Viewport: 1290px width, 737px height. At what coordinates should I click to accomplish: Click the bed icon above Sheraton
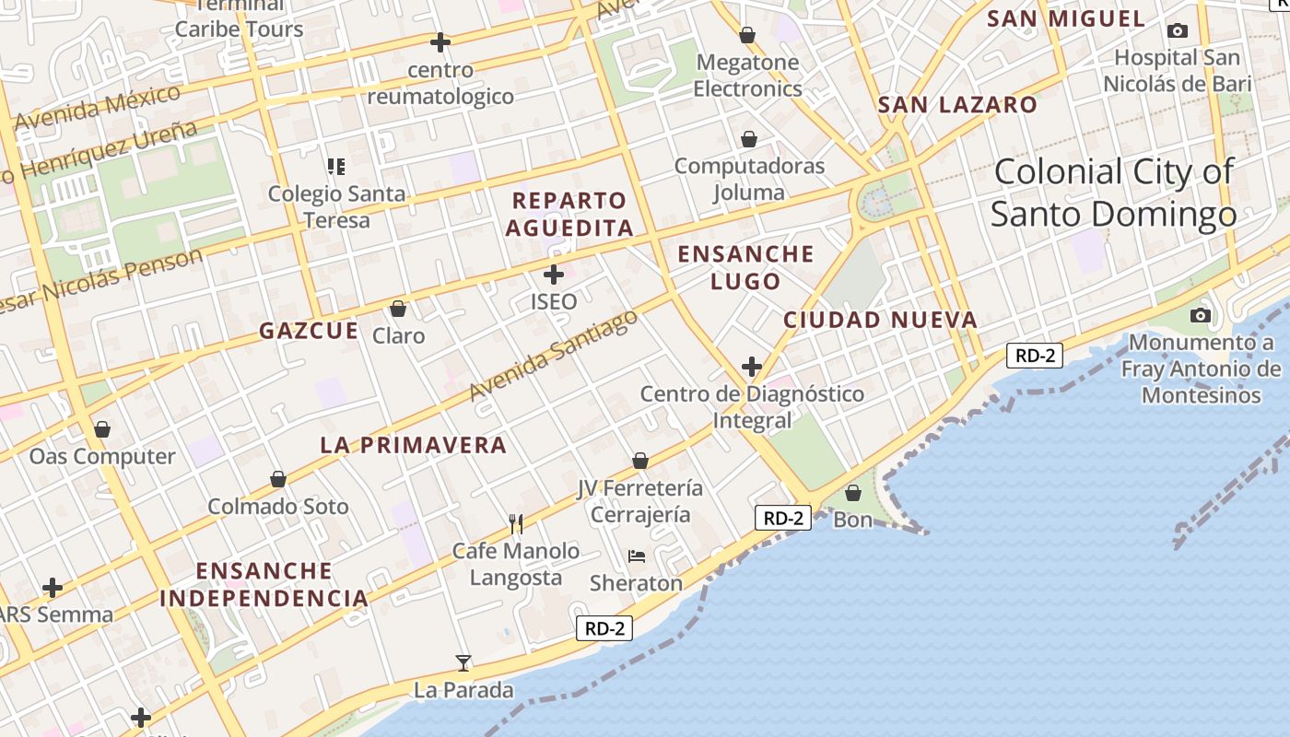[x=637, y=556]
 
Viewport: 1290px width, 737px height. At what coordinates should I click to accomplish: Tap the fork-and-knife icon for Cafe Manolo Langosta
[x=516, y=523]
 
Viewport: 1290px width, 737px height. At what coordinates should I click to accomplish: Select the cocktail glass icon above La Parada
[x=463, y=662]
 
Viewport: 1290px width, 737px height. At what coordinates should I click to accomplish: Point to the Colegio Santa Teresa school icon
[x=336, y=167]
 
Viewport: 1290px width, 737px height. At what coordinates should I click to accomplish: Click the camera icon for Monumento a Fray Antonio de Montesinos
[x=1200, y=315]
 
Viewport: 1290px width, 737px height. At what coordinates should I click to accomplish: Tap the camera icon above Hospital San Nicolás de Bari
[x=1177, y=30]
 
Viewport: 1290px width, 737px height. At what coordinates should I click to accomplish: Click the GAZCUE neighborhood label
[x=309, y=331]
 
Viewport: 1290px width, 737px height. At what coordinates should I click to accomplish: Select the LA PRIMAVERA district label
[x=414, y=445]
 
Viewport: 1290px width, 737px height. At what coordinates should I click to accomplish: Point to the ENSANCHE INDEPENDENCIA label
[x=264, y=584]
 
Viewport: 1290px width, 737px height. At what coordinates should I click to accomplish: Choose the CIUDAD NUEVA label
[x=880, y=320]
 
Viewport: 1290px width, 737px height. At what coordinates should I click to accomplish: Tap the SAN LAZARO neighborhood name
[x=957, y=104]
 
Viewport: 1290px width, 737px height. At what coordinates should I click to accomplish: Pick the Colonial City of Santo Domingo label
[x=1113, y=193]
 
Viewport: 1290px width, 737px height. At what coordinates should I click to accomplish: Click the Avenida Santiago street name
[x=553, y=355]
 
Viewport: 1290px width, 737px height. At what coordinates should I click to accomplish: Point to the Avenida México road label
[x=98, y=109]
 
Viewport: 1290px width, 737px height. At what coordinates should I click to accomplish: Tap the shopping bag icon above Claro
[x=398, y=308]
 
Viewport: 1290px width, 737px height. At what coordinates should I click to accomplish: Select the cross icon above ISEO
[x=554, y=274]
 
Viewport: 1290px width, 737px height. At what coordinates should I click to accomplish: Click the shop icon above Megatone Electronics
[x=747, y=35]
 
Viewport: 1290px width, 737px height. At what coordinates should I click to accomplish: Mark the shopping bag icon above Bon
[x=853, y=493]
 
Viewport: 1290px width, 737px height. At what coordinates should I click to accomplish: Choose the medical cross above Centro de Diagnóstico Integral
[x=752, y=367]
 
